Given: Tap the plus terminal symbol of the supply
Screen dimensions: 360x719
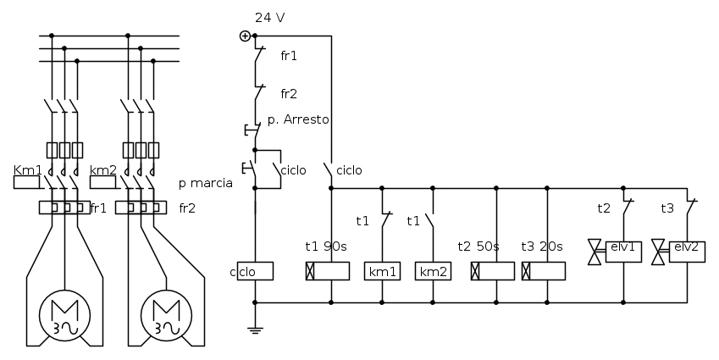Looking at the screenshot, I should click(245, 36).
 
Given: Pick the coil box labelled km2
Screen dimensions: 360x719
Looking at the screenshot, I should click(432, 271).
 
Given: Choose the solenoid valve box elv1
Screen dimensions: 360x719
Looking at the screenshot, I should click(625, 249).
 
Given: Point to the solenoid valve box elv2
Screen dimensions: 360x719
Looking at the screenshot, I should click(687, 249).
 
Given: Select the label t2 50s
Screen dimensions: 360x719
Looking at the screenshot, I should click(479, 246).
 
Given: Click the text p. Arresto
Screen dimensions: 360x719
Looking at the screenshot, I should click(298, 120).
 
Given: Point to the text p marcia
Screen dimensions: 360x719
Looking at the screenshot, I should click(206, 182).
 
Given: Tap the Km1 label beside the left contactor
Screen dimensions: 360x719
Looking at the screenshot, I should click(28, 169).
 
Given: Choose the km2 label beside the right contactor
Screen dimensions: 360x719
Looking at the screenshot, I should click(102, 169).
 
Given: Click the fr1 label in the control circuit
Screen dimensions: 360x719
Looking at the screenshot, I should click(289, 55).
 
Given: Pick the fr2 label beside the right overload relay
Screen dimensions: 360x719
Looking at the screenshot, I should click(187, 207).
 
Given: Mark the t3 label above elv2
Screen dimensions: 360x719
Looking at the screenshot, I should click(667, 207).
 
